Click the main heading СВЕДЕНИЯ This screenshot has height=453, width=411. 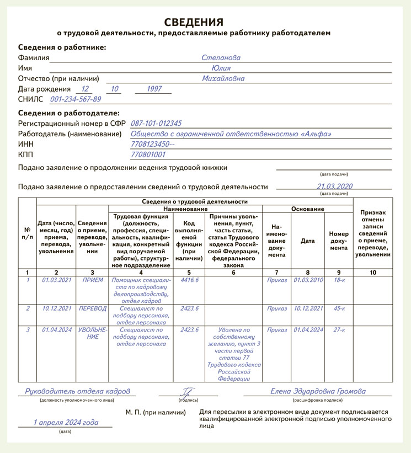[194, 22]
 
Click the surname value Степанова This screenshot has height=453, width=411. [221, 57]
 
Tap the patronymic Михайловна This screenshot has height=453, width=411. [223, 78]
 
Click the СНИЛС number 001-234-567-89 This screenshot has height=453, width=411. [76, 99]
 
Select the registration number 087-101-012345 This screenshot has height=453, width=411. [156, 124]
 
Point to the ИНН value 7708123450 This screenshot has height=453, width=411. [152, 145]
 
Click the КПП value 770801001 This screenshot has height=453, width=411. [148, 155]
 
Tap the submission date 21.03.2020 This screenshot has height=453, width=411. [334, 186]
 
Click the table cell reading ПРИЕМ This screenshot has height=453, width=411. [93, 280]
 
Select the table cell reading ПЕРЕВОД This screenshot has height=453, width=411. [93, 308]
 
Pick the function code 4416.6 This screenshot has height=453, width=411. [189, 280]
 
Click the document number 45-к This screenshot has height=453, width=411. [339, 308]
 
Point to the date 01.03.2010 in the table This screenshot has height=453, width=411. [308, 280]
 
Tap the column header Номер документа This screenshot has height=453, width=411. [339, 241]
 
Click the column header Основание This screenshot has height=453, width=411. [308, 209]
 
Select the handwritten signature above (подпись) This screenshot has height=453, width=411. [188, 392]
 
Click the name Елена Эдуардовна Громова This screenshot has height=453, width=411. [318, 391]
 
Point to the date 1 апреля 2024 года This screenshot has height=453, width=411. [66, 422]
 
